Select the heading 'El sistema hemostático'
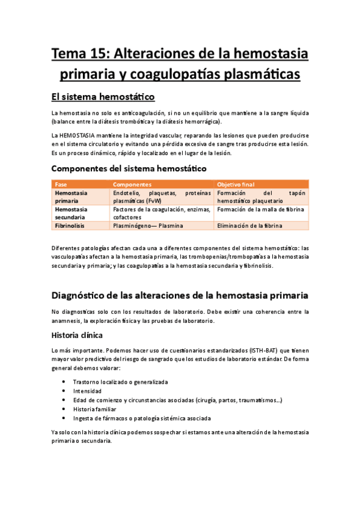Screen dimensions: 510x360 (x=103, y=96)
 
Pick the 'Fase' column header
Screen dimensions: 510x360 (x=61, y=184)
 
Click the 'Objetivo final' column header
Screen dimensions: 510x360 (x=236, y=184)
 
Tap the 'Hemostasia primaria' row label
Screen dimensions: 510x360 (x=71, y=197)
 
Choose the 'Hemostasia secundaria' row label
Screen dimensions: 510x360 (x=71, y=214)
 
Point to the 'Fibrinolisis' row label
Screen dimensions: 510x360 (x=70, y=226)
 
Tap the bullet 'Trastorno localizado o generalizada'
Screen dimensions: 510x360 (x=120, y=382)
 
